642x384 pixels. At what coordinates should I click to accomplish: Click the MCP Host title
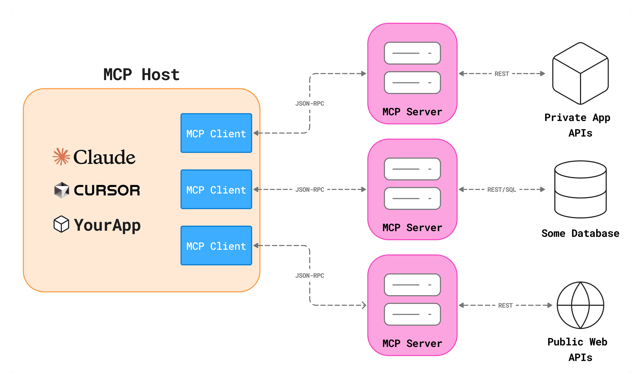[x=141, y=75]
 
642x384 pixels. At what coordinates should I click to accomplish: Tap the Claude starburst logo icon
[x=61, y=157]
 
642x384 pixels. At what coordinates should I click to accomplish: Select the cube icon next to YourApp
[x=61, y=224]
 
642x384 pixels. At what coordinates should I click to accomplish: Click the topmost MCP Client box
[x=216, y=133]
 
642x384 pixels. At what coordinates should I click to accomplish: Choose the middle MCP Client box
[x=216, y=189]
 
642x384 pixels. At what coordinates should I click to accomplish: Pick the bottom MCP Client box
[x=216, y=246]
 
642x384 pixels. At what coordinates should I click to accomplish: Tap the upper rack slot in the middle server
[x=412, y=169]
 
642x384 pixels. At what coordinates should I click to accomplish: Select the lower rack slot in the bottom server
[x=412, y=314]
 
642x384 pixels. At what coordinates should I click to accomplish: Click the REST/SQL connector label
[x=502, y=190]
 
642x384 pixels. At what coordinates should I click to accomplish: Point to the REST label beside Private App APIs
[x=502, y=74]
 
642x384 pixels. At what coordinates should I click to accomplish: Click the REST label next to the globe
[x=505, y=306]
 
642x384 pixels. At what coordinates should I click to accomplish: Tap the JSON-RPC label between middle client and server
[x=310, y=190]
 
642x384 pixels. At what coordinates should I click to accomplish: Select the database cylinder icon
[x=580, y=189]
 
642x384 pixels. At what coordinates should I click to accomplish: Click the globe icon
[x=580, y=305]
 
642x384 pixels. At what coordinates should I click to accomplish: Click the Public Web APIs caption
[x=577, y=350]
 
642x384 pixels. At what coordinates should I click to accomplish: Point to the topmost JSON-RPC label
[x=310, y=104]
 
